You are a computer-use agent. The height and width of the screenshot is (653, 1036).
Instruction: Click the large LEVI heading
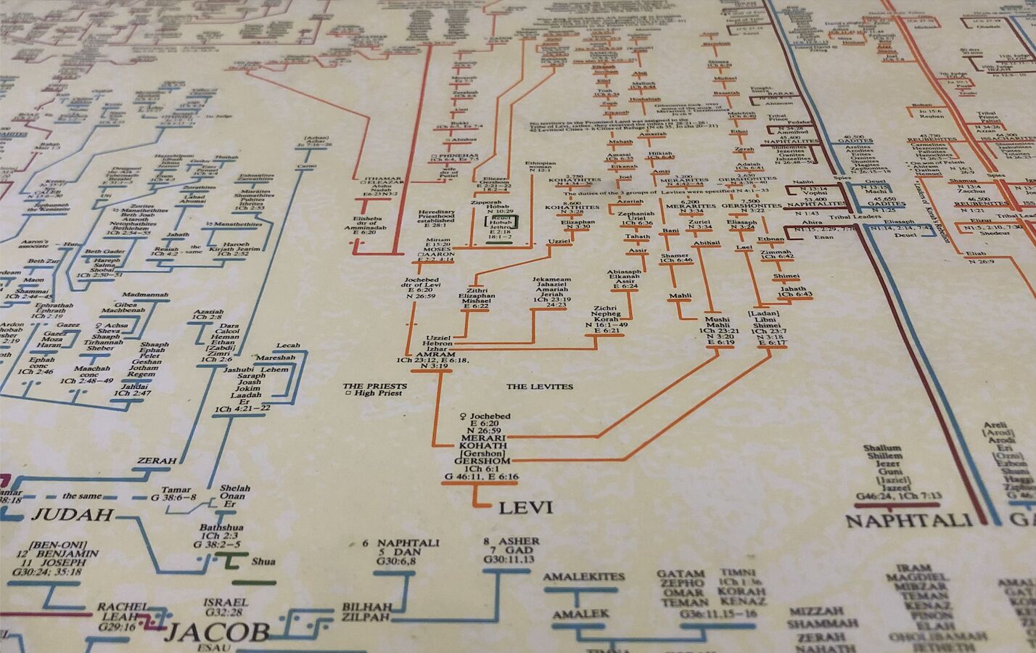pyautogui.click(x=526, y=506)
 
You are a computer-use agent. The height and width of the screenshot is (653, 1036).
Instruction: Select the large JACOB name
pyautogui.click(x=217, y=632)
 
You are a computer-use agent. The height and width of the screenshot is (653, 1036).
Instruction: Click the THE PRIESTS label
pyautogui.click(x=375, y=386)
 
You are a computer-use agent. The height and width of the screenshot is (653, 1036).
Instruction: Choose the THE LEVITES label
pyautogui.click(x=540, y=387)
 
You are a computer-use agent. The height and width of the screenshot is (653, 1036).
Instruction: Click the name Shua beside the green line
pyautogui.click(x=263, y=561)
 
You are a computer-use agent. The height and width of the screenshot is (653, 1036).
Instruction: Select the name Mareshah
pyautogui.click(x=274, y=358)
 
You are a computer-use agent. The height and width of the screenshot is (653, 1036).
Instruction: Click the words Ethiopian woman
pyautogui.click(x=540, y=168)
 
